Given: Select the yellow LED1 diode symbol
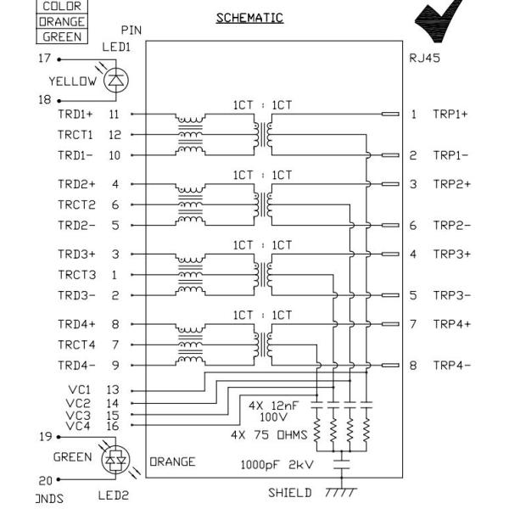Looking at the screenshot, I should (114, 81).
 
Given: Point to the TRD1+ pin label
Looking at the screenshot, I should (76, 113).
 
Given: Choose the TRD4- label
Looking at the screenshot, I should (76, 366).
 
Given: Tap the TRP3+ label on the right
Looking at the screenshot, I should (451, 254).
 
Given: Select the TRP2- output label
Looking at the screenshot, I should (451, 226).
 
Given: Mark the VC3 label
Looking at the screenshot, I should (78, 416).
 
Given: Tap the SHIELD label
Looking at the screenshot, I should (290, 493).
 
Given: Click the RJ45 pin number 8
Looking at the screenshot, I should (413, 366).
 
